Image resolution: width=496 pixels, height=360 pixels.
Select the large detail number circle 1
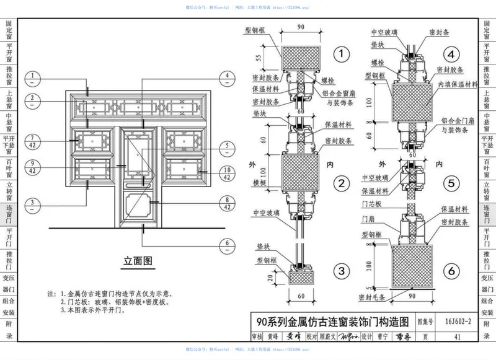click(340, 55)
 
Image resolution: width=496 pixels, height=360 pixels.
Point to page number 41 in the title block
click(458, 337)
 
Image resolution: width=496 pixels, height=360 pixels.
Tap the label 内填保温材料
click(458, 84)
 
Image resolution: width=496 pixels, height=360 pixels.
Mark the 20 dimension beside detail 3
click(260, 277)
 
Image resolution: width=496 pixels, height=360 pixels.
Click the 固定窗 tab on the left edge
click(9, 30)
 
